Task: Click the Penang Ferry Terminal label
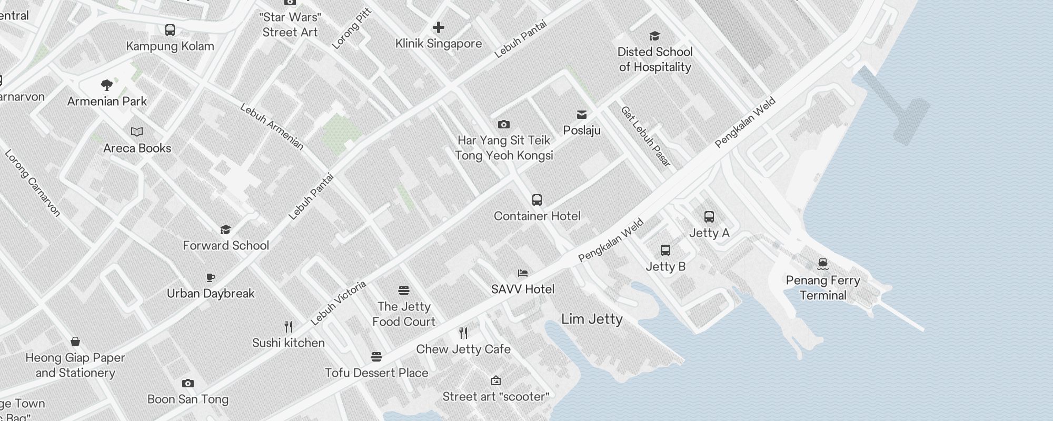coord(822,287)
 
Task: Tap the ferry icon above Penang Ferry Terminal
coord(823,264)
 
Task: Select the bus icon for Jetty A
coord(709,216)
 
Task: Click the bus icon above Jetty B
coord(665,250)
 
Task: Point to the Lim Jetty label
coord(592,319)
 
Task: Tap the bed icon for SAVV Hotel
coord(522,273)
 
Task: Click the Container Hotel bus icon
coord(537,199)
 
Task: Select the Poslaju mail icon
coord(582,114)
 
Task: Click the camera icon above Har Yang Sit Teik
coord(503,124)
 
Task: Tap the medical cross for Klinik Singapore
coord(438,27)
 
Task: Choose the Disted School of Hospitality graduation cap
coord(654,36)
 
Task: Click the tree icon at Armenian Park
coord(107,85)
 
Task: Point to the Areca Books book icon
coord(137,132)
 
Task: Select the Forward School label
coord(226,245)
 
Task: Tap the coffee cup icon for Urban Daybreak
coord(211,277)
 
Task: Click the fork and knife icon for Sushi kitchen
coord(288,327)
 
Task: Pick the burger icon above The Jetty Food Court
coord(404,290)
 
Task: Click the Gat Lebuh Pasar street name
coord(646,136)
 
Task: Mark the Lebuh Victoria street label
coord(338,303)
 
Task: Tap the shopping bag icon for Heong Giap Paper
coord(75,342)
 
